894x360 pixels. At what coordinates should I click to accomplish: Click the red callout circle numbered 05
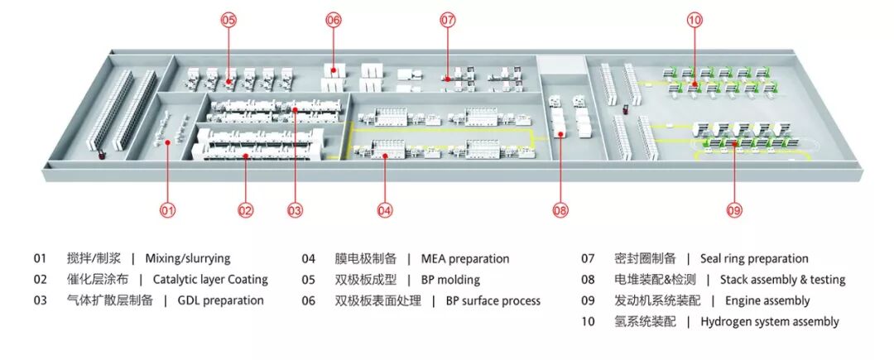click(x=228, y=20)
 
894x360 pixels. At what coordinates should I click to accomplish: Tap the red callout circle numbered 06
click(x=333, y=20)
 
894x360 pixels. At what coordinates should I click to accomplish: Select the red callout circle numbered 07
click(x=447, y=20)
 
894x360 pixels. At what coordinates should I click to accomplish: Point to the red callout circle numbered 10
click(x=695, y=20)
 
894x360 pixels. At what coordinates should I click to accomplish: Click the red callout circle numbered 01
click(x=168, y=211)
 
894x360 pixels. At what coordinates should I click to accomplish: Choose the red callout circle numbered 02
click(x=245, y=211)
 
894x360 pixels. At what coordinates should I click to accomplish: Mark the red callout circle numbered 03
click(x=296, y=211)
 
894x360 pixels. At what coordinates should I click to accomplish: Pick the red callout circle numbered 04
click(x=384, y=211)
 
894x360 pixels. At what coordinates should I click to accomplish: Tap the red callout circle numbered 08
click(x=560, y=211)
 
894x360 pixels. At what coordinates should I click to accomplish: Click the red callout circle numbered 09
click(x=734, y=211)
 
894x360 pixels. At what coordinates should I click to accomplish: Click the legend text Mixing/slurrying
click(x=187, y=259)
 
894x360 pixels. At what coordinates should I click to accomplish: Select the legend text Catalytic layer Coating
click(x=210, y=280)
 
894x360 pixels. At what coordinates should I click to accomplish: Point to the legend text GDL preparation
click(x=221, y=300)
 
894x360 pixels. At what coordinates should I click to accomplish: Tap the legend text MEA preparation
click(x=465, y=259)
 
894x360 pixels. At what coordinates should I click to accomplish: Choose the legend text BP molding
click(x=450, y=280)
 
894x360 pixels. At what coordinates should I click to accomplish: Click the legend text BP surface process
click(x=493, y=300)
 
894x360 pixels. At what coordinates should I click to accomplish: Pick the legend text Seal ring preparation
click(x=754, y=259)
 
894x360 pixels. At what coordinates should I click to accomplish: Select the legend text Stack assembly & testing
click(x=782, y=280)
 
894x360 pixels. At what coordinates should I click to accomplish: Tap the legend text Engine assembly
click(x=767, y=300)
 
